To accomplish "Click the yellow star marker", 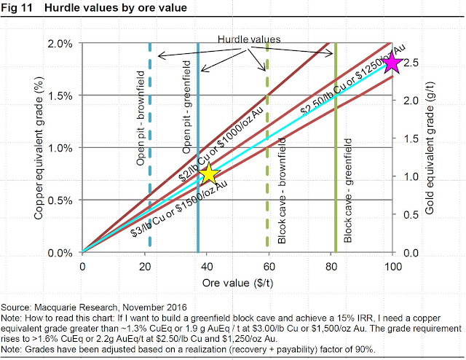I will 210,174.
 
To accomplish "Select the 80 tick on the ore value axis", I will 331,266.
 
